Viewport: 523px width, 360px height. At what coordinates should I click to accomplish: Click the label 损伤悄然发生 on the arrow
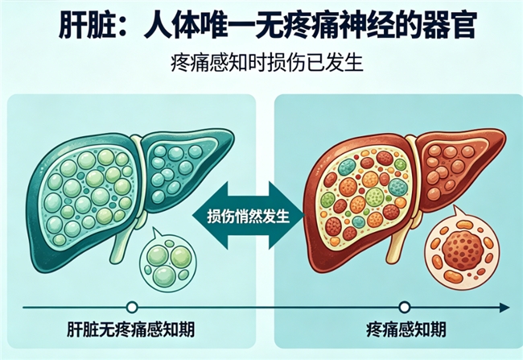tap(243, 216)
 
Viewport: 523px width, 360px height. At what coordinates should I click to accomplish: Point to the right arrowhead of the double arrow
tap(289, 215)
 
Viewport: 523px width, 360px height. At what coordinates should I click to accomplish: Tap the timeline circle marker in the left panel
tap(132, 306)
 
